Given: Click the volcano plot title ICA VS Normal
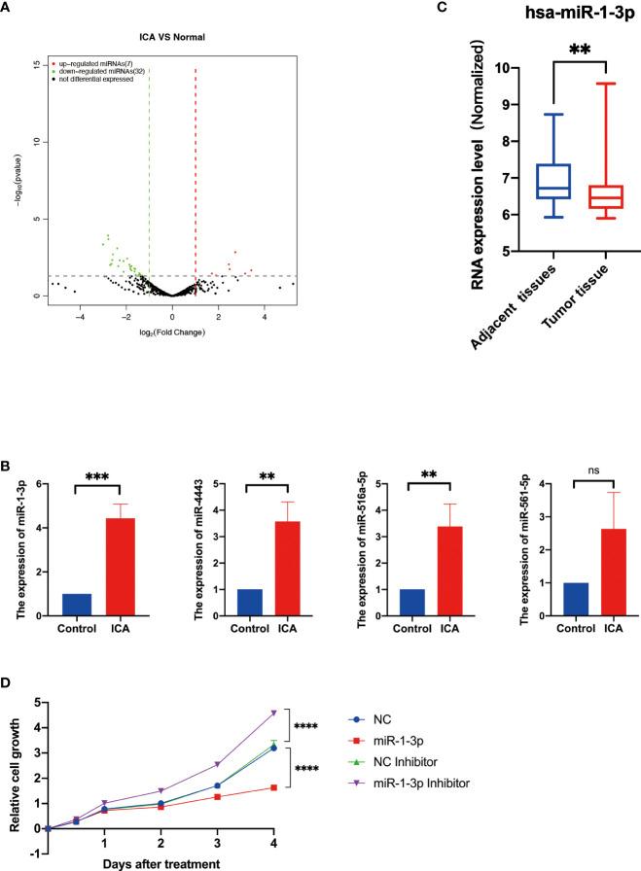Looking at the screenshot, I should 174,38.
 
